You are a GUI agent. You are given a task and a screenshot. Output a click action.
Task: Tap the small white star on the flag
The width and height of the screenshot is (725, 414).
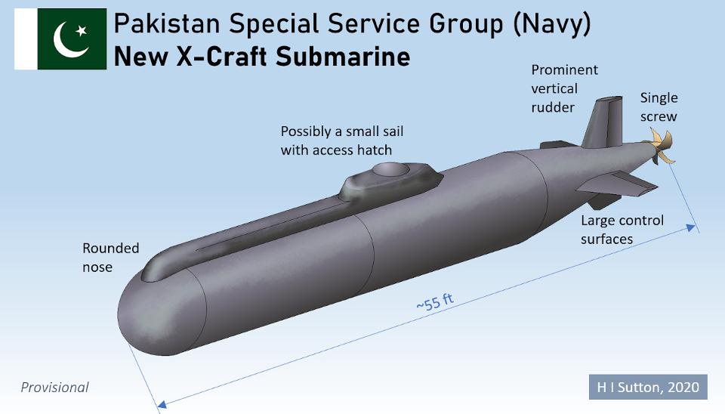point(82,30)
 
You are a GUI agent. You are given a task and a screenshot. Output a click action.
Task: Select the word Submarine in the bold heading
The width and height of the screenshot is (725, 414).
point(343,57)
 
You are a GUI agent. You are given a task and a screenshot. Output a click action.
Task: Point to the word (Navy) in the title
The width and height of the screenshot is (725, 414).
point(552,24)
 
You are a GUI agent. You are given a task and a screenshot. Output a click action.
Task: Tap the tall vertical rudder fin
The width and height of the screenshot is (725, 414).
point(603,122)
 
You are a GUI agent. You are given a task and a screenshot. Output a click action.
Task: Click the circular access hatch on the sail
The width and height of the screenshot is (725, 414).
point(391,170)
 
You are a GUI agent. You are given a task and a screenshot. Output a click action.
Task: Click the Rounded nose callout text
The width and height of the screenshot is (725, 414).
point(110,258)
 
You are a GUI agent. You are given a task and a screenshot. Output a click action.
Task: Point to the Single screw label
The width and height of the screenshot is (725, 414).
point(659,107)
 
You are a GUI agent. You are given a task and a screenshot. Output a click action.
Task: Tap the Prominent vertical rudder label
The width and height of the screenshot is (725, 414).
point(564,88)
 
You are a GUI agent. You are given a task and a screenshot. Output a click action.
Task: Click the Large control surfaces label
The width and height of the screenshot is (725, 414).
point(622,230)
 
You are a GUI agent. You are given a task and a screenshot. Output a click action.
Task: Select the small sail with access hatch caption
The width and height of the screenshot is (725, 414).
point(341,141)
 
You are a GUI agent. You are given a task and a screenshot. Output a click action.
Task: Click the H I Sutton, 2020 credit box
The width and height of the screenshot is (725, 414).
point(648,387)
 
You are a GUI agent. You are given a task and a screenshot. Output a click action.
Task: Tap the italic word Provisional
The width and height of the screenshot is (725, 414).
point(54,387)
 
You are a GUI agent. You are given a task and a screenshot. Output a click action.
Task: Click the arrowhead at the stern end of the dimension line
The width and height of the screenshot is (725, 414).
point(691,227)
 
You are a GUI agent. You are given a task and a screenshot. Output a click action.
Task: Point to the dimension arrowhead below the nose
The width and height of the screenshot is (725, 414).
point(162,405)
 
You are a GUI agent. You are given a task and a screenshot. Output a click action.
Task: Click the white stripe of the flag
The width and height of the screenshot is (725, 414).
point(26,39)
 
